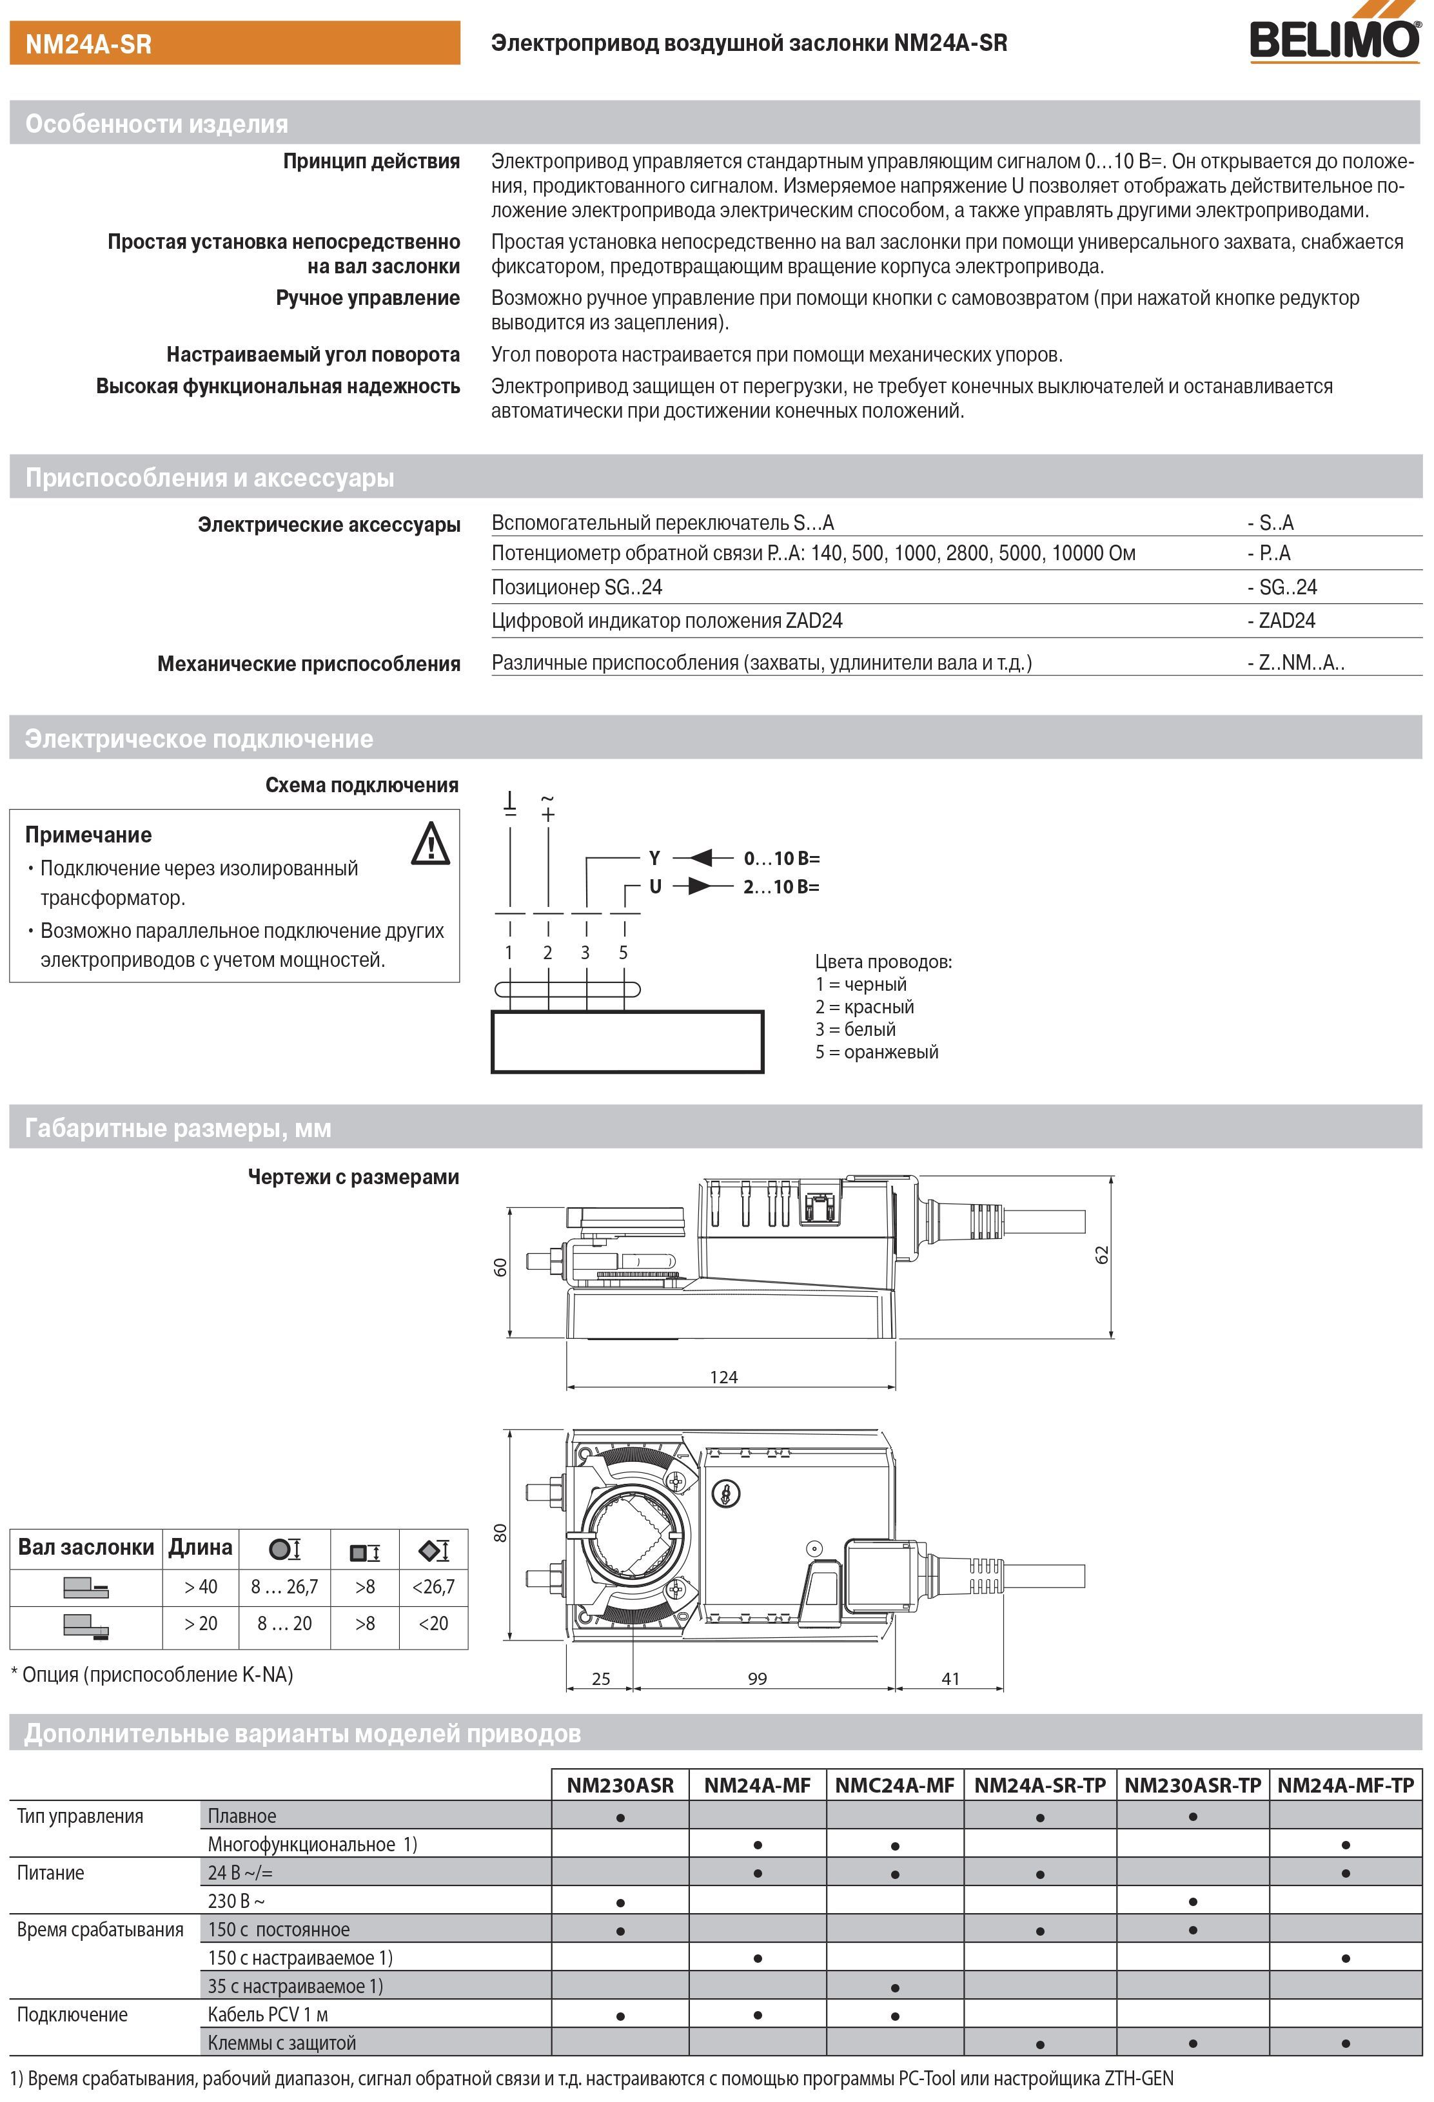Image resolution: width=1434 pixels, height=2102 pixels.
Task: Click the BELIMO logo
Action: point(1335,37)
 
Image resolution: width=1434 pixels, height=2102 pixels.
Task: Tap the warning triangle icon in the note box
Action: point(431,844)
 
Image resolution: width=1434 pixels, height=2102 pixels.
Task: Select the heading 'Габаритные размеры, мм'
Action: point(178,1128)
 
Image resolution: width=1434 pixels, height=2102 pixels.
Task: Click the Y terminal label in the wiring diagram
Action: point(654,857)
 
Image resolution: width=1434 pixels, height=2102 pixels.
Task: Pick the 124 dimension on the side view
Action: point(723,1377)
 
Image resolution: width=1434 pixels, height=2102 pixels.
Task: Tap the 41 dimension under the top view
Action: point(950,1679)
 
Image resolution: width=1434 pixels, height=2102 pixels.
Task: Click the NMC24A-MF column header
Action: point(894,1786)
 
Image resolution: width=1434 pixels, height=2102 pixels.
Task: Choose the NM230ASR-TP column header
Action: point(1192,1786)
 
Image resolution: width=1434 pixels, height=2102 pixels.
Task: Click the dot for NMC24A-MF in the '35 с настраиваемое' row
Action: point(894,1988)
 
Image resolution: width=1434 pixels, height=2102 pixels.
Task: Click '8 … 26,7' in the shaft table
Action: point(284,1586)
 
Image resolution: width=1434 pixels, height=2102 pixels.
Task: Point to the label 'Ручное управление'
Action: point(368,298)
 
